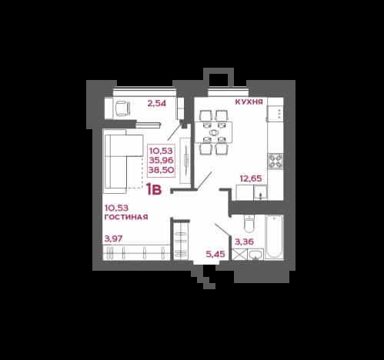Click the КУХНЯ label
pos(249,102)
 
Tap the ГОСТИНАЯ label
pos(126,217)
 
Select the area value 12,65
pos(251,178)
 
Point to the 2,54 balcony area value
pos(157,103)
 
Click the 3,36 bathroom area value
pos(244,242)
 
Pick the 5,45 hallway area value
pos(215,254)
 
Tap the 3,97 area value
pos(113,238)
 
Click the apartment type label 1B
pos(154,189)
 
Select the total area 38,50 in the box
pos(161,170)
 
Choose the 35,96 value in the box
pos(161,160)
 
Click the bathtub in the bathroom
pos(274,237)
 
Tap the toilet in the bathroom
pos(249,223)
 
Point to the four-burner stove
pos(275,161)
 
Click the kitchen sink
pos(261,192)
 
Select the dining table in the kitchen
pos(213,132)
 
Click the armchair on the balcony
pos(122,108)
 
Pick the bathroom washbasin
pos(255,255)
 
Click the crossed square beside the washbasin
pos(239,255)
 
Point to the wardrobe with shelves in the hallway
pos(181,241)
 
